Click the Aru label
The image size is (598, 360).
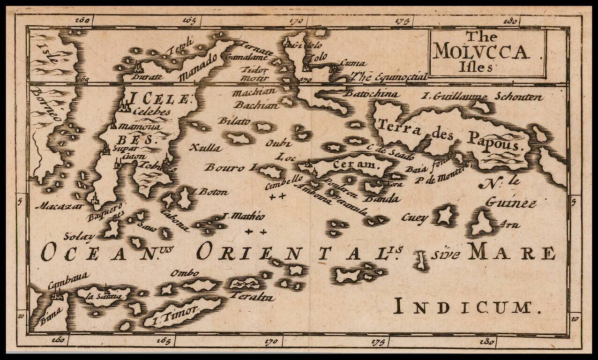510,225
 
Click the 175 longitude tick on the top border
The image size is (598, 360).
403,21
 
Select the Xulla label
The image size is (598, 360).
205,148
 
